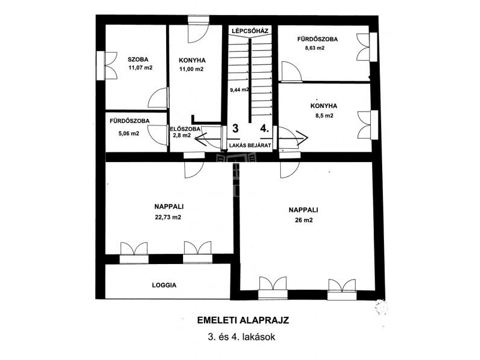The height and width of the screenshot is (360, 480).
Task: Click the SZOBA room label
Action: coord(138,59)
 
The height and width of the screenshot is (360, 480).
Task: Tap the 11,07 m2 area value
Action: coord(140,68)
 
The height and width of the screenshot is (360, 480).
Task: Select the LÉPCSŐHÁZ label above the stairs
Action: coord(250,31)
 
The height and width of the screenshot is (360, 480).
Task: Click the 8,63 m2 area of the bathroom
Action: coord(314,48)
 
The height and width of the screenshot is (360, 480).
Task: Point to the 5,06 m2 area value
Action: coord(129,134)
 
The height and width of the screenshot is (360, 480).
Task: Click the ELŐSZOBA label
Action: coord(185,129)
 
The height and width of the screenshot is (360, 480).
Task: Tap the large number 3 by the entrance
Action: coord(235,128)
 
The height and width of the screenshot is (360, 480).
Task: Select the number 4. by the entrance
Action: coord(265,128)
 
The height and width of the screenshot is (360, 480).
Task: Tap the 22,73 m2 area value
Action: coord(168,217)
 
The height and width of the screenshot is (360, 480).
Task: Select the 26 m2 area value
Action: coord(304,220)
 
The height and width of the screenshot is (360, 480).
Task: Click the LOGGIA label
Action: coord(164,286)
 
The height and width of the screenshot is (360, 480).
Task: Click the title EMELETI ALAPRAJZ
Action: coord(243,320)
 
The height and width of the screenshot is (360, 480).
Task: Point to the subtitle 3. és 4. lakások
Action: coord(242,337)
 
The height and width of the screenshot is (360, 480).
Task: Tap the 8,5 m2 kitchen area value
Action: coord(325,116)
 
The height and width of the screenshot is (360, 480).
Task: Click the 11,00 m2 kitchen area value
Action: coord(191,69)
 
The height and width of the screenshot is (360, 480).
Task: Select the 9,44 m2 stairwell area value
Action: coord(239,89)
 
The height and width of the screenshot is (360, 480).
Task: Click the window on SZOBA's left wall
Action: coord(101,65)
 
